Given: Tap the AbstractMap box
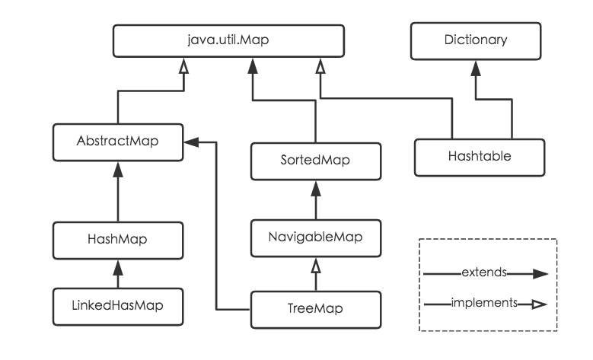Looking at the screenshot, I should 117,142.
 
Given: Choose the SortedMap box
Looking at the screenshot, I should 314,160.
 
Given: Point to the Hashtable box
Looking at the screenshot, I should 479,156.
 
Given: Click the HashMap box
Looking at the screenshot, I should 117,237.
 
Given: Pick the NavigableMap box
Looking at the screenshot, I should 314,237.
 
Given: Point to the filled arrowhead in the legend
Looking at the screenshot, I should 540,272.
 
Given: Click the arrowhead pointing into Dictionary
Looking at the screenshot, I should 476,66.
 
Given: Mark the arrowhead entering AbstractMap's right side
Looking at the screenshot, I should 191,142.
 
